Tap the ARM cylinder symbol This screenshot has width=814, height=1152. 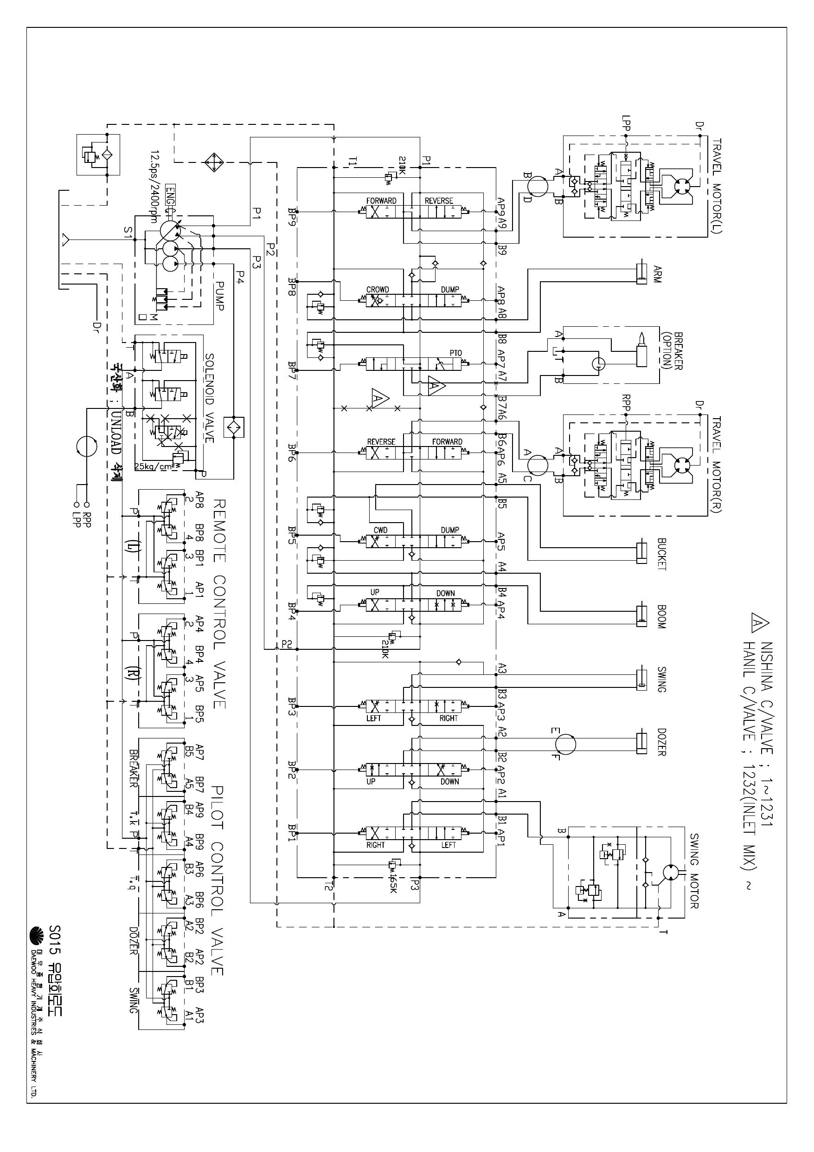(x=641, y=273)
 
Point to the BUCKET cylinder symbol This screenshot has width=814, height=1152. (x=641, y=553)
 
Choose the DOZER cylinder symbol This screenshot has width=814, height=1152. (x=641, y=744)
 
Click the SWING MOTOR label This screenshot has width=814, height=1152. (x=694, y=871)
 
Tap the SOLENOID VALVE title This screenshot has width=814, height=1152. (x=209, y=398)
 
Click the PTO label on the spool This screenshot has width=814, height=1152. (x=455, y=353)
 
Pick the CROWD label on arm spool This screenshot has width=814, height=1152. (x=377, y=290)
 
